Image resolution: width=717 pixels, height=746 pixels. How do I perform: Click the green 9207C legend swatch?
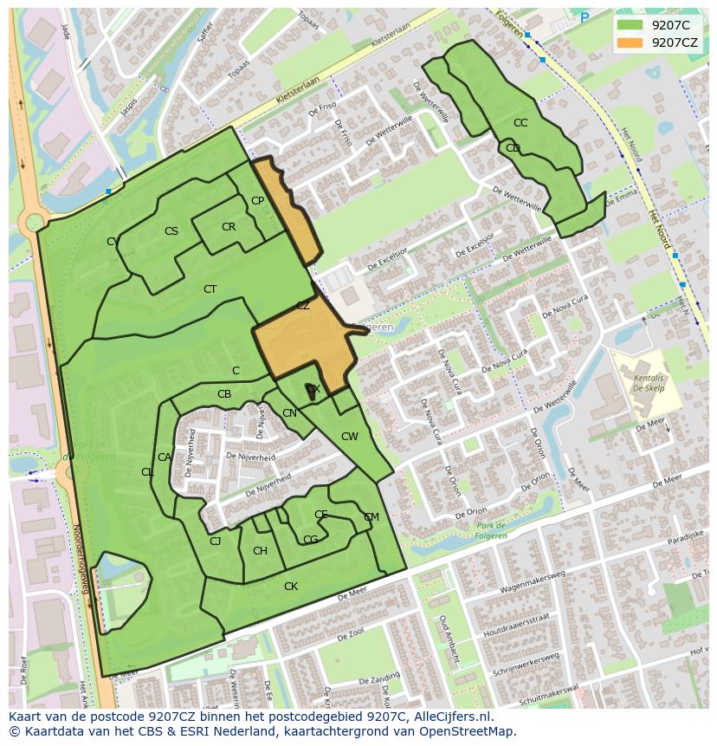click(630, 25)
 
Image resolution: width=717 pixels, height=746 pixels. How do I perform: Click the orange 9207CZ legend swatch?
click(630, 42)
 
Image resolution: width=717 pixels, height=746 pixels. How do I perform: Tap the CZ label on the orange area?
click(303, 306)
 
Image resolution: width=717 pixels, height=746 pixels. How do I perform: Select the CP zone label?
click(257, 201)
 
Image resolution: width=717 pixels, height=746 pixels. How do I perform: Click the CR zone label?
click(229, 227)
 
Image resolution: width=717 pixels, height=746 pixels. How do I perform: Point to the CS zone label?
click(171, 231)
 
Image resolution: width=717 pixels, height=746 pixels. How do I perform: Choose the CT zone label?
click(210, 289)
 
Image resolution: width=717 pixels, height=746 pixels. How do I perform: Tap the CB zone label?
click(224, 394)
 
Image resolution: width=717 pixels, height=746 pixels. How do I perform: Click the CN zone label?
click(289, 413)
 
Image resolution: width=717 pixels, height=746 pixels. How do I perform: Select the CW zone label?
click(349, 437)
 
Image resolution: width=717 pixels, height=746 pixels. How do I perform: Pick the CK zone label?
click(291, 587)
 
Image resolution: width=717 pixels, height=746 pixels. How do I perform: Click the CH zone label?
click(260, 551)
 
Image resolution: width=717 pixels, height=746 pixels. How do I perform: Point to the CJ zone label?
click(216, 542)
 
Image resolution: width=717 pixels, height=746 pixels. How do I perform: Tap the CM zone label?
click(371, 517)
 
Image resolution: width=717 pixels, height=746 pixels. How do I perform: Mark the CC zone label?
click(520, 123)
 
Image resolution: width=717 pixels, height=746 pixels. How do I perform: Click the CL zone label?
click(147, 472)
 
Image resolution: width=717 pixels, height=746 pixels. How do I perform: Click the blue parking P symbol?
click(585, 17)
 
